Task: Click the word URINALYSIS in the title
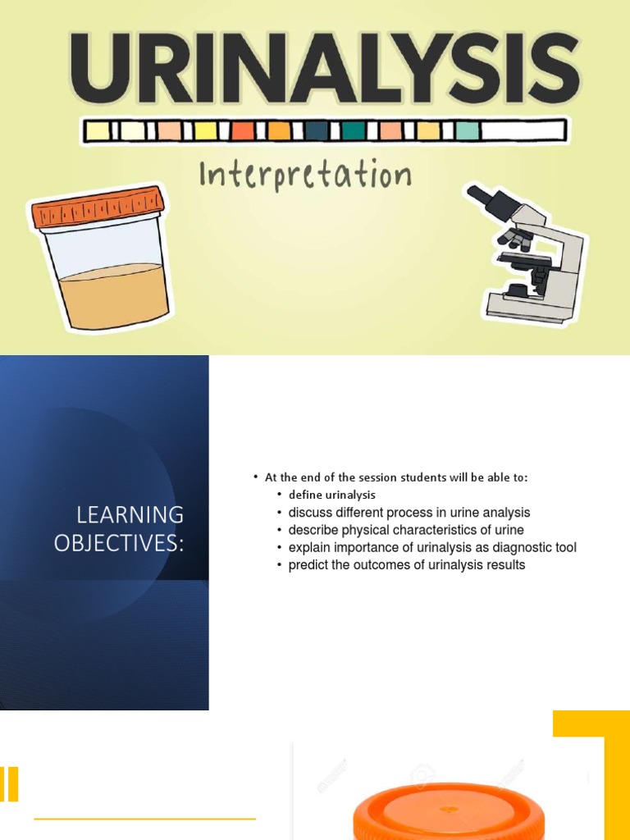click(324, 71)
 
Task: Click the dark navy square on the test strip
click(317, 130)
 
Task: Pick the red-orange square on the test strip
click(242, 130)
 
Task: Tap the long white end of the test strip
click(523, 130)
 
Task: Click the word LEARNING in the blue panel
click(130, 515)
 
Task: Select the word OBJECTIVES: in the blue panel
click(119, 543)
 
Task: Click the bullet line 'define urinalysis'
click(331, 495)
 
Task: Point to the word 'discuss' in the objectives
click(308, 513)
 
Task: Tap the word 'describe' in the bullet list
click(311, 530)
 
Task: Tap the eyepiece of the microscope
click(477, 195)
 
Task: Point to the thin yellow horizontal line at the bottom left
click(144, 818)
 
